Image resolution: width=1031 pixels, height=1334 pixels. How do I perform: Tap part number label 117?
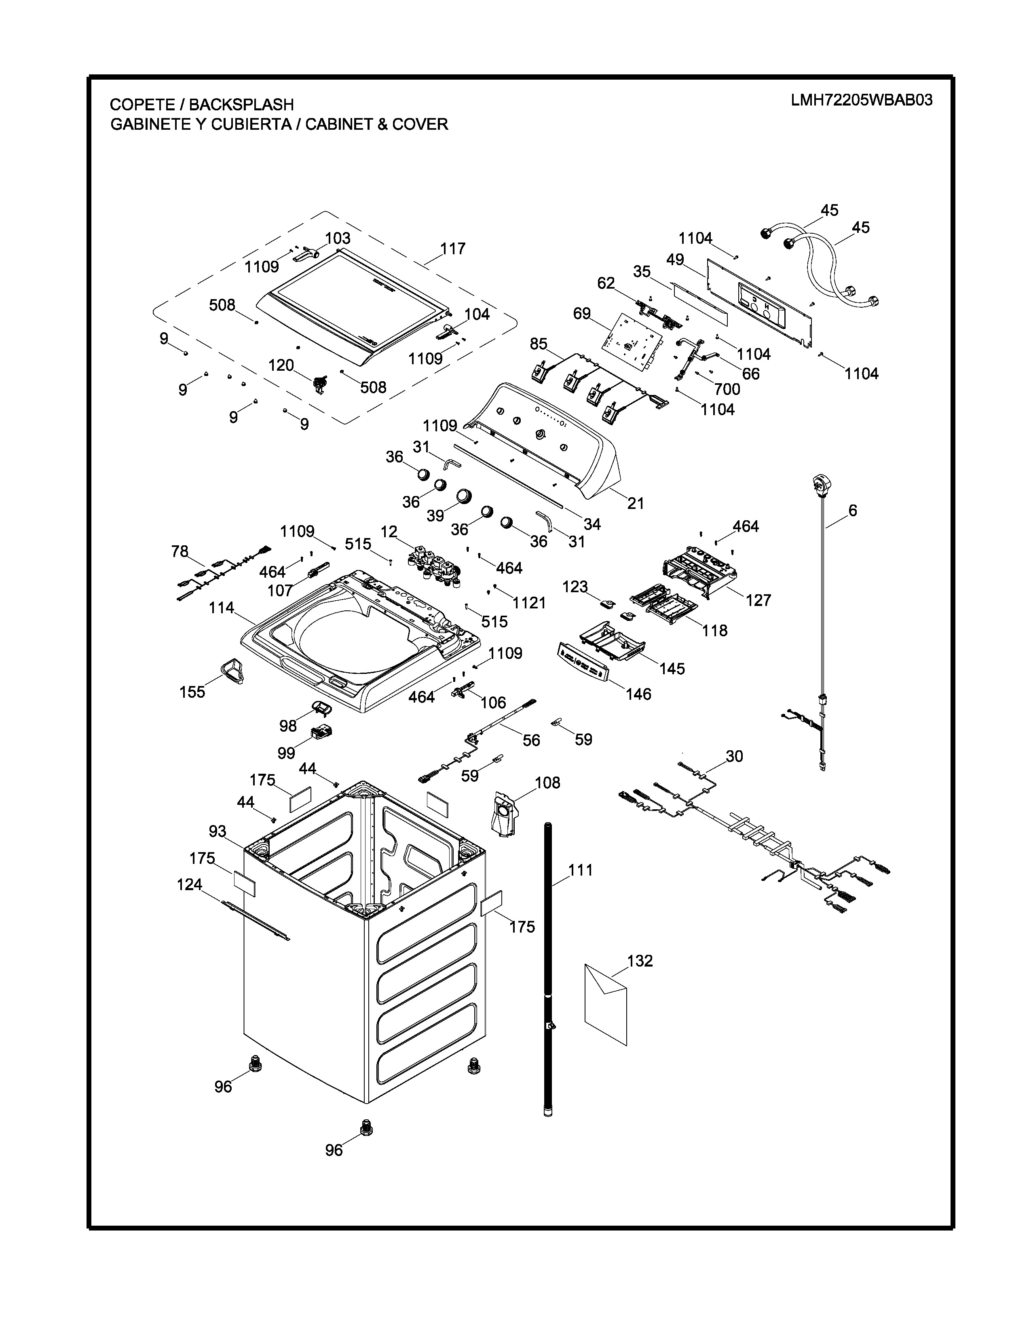click(x=452, y=249)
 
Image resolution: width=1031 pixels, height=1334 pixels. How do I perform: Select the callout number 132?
click(x=640, y=961)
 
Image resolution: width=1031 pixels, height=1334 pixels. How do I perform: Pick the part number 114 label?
click(x=221, y=608)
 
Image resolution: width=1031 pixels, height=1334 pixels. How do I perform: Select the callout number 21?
click(x=636, y=503)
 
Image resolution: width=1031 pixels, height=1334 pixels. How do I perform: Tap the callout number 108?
click(x=547, y=783)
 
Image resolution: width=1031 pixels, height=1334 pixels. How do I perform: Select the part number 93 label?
click(x=218, y=831)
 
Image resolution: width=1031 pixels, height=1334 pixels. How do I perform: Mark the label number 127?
click(x=758, y=600)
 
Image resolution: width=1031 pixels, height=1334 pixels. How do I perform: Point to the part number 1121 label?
click(x=529, y=603)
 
